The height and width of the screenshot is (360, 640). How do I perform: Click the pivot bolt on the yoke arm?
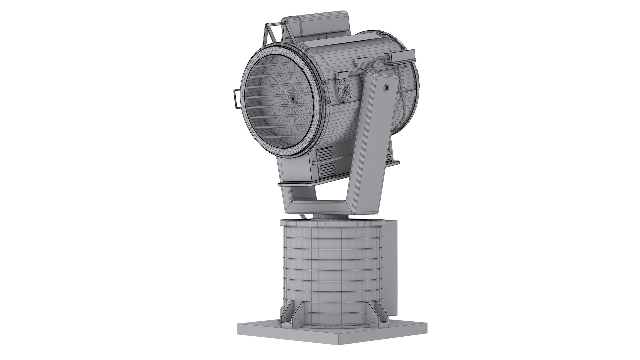coord(387,87)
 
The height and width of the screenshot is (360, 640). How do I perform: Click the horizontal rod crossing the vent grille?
coord(333,162)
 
